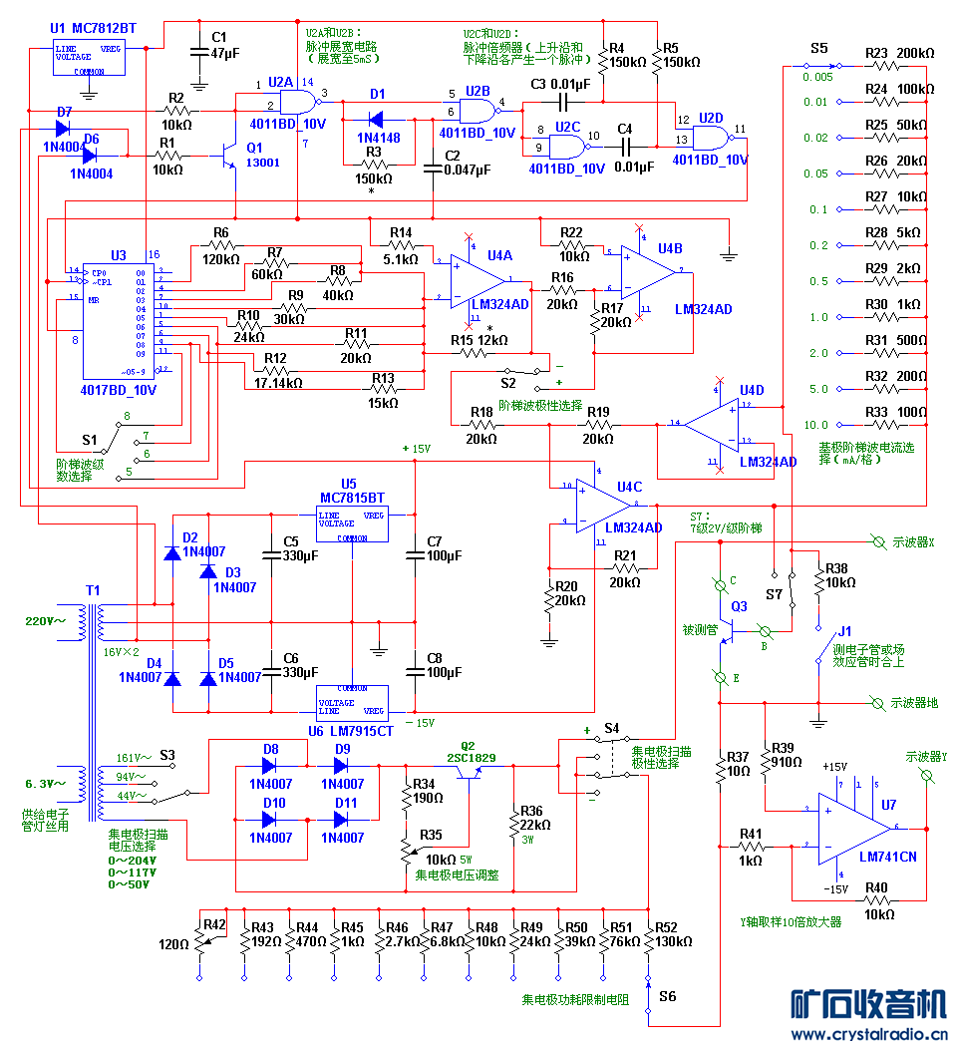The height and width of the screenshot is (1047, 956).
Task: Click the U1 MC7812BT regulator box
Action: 89,58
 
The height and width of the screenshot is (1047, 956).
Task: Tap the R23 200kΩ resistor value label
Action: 912,52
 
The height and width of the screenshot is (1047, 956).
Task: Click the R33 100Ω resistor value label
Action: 913,411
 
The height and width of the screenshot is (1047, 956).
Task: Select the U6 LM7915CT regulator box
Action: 351,702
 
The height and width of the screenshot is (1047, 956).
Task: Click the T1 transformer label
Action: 93,590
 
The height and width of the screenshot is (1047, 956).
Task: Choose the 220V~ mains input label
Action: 45,620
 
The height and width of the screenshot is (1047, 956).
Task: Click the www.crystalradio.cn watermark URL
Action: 867,1035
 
